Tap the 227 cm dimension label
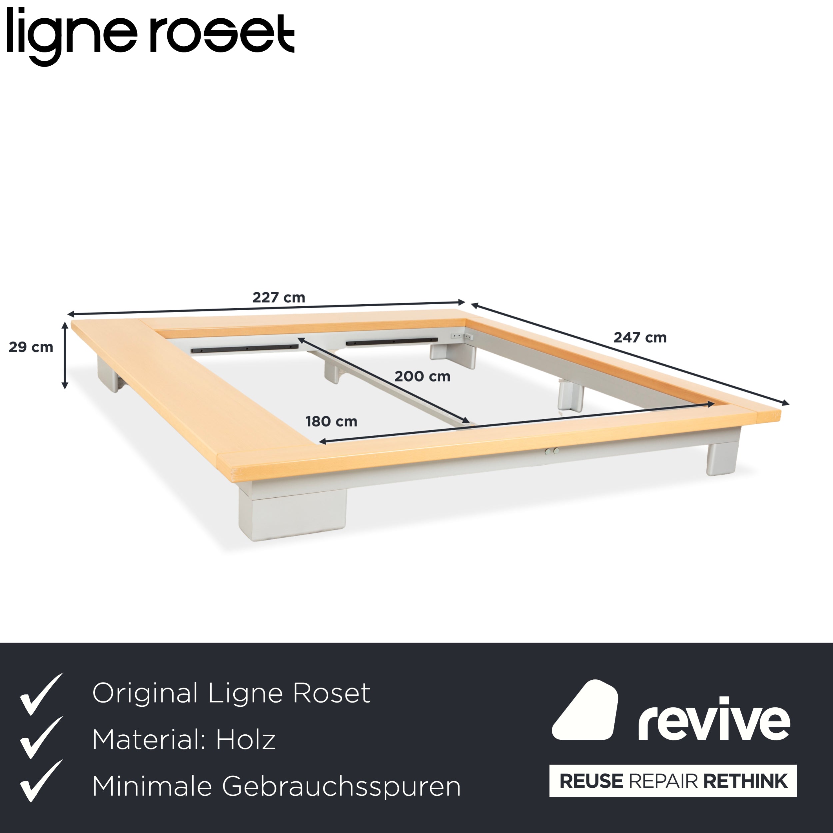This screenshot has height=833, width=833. (279, 298)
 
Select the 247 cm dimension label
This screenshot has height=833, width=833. (640, 338)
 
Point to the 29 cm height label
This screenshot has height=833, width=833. (31, 347)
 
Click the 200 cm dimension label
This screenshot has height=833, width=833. (422, 377)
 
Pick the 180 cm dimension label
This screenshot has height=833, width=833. (331, 421)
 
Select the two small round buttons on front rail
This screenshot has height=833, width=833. (552, 451)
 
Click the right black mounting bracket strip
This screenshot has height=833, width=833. (392, 342)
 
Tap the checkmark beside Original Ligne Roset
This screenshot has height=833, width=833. (41, 694)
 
